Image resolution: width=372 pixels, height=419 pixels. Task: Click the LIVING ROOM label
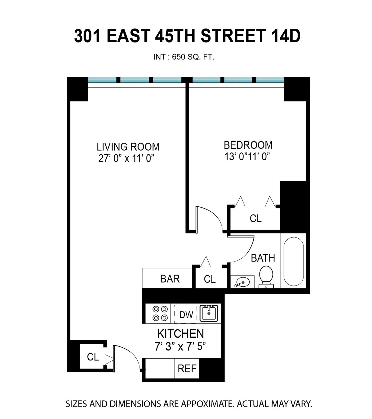(128, 147)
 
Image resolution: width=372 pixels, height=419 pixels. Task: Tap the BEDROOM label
(248, 145)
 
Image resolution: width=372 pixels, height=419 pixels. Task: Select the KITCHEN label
(180, 334)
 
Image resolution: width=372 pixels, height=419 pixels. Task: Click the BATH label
(263, 258)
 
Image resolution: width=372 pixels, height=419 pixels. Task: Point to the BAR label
(170, 279)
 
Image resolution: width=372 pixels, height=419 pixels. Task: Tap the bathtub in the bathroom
(293, 261)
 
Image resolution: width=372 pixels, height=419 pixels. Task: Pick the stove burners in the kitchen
(160, 313)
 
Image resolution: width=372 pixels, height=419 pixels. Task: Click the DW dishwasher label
(186, 315)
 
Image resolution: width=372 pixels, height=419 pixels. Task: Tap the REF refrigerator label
(187, 369)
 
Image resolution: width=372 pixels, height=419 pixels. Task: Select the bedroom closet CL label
(255, 218)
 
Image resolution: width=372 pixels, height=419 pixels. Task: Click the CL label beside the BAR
(210, 279)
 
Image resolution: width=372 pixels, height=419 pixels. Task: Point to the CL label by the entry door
(93, 357)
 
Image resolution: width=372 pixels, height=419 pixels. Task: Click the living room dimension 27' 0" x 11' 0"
(126, 158)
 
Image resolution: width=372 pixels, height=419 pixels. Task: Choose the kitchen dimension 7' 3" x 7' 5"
(180, 346)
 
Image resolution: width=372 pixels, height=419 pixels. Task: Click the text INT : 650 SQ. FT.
(184, 57)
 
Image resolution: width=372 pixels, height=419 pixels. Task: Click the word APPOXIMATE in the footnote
(207, 404)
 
